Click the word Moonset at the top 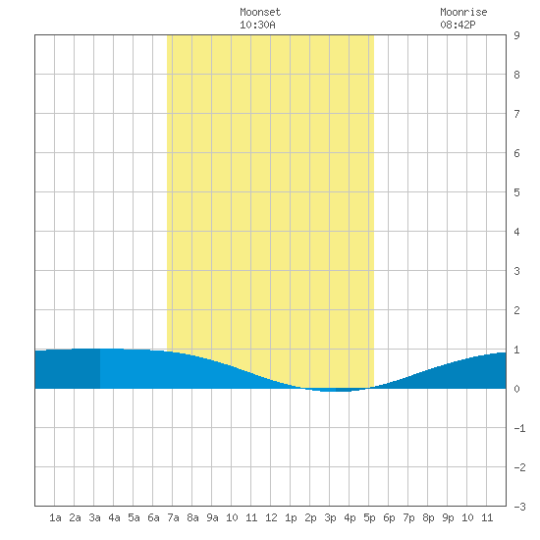point(260,12)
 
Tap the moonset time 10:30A point(257,25)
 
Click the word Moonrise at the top point(463,12)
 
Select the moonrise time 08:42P point(459,25)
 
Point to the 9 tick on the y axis point(516,35)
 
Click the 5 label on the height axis point(516,192)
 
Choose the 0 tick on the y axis point(516,389)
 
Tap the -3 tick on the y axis point(520,507)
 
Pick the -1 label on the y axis point(520,428)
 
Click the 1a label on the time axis point(55,517)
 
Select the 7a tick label point(173,517)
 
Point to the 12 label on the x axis point(271,517)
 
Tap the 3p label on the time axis point(330,517)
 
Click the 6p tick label point(389,517)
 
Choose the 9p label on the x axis point(448,517)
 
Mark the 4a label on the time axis point(114,517)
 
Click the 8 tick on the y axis point(516,75)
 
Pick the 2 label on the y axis point(516,310)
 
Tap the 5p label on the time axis point(369,517)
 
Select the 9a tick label point(212,517)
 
